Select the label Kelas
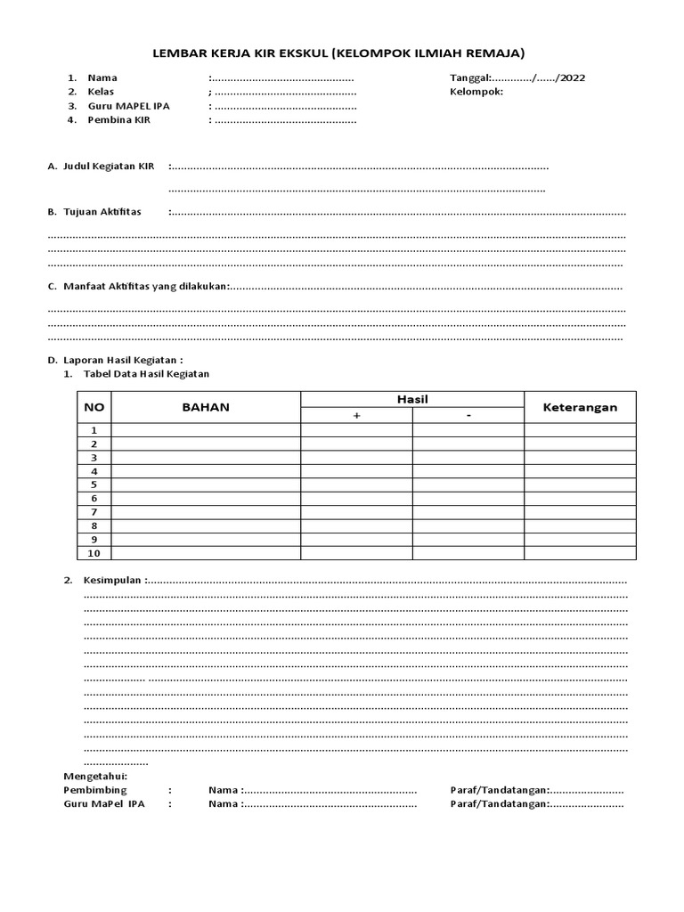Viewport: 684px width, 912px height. point(102,92)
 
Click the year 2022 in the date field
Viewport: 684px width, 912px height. point(572,77)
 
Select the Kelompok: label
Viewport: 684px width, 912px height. point(476,92)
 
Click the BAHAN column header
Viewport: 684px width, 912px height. point(206,407)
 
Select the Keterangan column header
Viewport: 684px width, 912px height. point(580,407)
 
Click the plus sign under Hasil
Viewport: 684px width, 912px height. point(356,416)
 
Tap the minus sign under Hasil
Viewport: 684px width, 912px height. point(468,416)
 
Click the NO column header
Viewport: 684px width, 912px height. point(94,407)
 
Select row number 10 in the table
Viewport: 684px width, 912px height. point(94,553)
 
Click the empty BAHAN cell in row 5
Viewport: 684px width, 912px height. point(206,484)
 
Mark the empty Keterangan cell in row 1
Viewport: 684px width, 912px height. point(580,430)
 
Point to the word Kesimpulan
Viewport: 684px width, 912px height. point(112,580)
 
